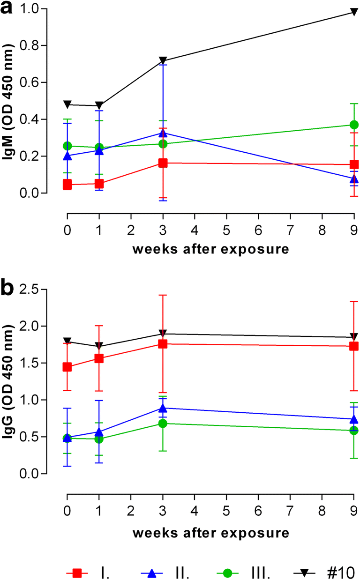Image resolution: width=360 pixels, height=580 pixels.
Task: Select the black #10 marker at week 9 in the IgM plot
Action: click(x=354, y=12)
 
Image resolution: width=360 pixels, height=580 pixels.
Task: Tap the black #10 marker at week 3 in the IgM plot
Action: click(x=163, y=61)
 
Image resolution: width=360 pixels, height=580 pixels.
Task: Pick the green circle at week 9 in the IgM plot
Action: click(x=354, y=125)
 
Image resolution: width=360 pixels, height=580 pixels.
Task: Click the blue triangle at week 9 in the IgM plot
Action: click(x=354, y=178)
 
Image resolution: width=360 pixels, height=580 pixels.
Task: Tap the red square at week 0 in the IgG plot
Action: click(x=67, y=367)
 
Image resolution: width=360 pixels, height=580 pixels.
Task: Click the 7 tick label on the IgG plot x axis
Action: click(x=290, y=511)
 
